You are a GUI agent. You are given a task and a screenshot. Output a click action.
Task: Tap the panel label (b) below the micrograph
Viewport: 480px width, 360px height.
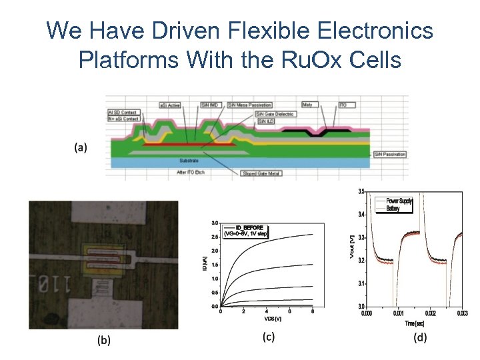(x=105, y=340)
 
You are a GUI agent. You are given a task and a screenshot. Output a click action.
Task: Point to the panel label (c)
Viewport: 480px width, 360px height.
(x=268, y=337)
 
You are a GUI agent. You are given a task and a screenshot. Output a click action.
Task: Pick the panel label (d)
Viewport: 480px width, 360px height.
(x=420, y=338)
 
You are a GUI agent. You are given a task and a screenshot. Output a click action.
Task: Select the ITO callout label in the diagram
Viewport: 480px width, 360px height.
(x=343, y=105)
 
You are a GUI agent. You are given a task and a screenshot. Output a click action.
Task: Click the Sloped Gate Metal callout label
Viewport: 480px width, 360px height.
(x=261, y=173)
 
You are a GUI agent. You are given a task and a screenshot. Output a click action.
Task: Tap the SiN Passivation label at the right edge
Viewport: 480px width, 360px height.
(x=390, y=155)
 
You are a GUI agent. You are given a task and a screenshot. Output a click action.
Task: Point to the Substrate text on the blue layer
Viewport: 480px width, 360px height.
(x=189, y=161)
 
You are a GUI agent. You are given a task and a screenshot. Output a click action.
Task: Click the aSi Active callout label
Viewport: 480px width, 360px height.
(x=171, y=105)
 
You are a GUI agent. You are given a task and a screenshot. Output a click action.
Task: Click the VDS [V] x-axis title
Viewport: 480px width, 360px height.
(x=267, y=319)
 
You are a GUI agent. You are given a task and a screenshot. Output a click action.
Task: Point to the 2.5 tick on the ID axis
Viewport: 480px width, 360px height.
(x=215, y=237)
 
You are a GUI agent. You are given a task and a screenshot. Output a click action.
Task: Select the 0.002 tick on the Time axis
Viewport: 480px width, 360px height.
(x=429, y=313)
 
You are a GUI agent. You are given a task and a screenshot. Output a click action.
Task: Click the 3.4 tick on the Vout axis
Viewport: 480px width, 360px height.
(x=361, y=214)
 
